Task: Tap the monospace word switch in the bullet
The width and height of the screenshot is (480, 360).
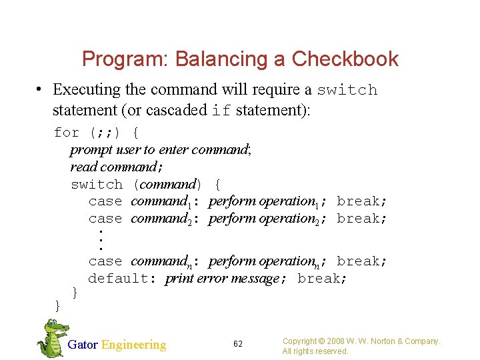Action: point(347,90)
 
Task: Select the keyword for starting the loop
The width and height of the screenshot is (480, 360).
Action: point(67,133)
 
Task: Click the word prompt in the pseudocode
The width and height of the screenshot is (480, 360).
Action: point(90,149)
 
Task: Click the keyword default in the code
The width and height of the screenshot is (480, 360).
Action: point(117,278)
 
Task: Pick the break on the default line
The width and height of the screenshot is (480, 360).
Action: point(322,278)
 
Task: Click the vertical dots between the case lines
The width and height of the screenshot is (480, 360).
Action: point(100,239)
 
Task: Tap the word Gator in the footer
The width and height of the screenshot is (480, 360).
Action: point(83,345)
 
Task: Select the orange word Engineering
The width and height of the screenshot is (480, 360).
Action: point(133,345)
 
